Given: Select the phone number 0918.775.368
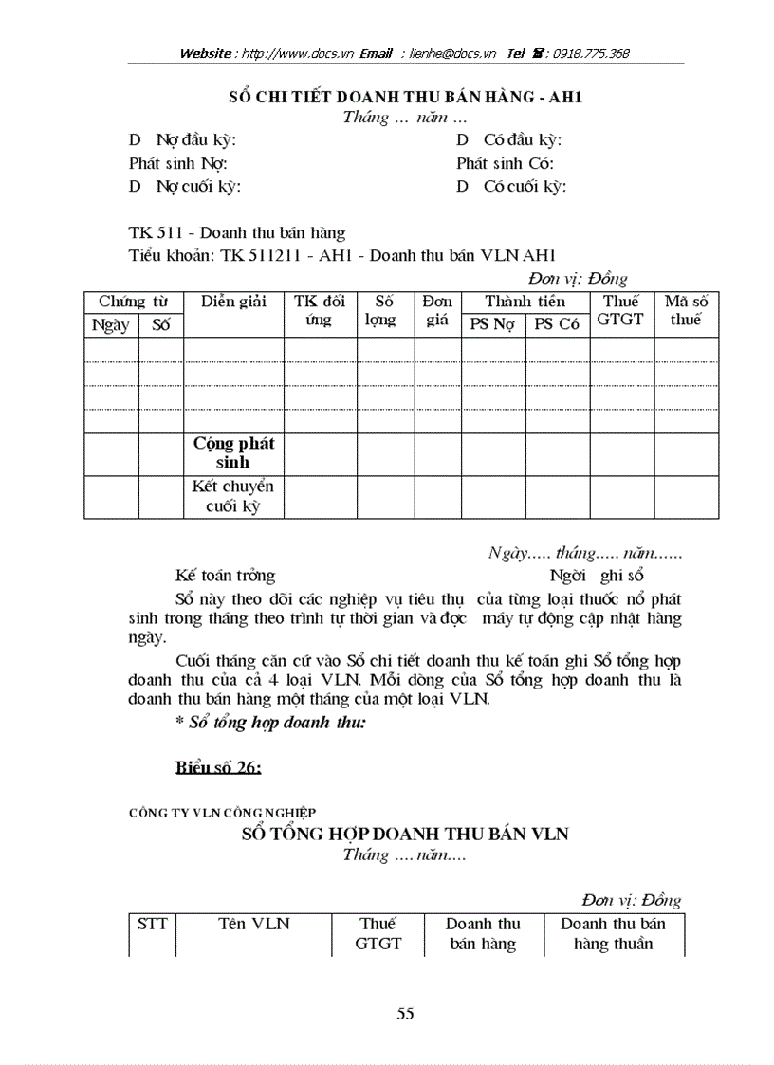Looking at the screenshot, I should pos(585,54).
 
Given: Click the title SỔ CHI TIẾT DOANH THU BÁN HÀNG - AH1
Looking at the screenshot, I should pos(405,97).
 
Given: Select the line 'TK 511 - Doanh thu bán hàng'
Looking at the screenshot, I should pos(237,232).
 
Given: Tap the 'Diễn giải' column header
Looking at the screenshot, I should pos(233,302).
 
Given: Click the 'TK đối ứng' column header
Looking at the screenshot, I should pos(320,311).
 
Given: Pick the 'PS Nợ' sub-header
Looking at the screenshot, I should pos(493,324).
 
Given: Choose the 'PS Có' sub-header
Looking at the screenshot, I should pos(557,324).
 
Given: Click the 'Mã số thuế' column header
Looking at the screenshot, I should pos(685,311).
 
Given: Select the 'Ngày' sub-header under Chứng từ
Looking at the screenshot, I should pos(111,324).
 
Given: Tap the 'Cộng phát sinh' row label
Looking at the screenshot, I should pos(233,453).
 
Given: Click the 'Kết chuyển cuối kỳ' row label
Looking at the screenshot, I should pos(233,496).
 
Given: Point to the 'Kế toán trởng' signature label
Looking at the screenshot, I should pos(225,575).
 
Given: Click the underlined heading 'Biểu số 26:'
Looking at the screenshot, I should pos(218,768).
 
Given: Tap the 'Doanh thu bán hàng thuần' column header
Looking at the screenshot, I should pos(613,934).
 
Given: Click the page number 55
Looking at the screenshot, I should pos(405,1014).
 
